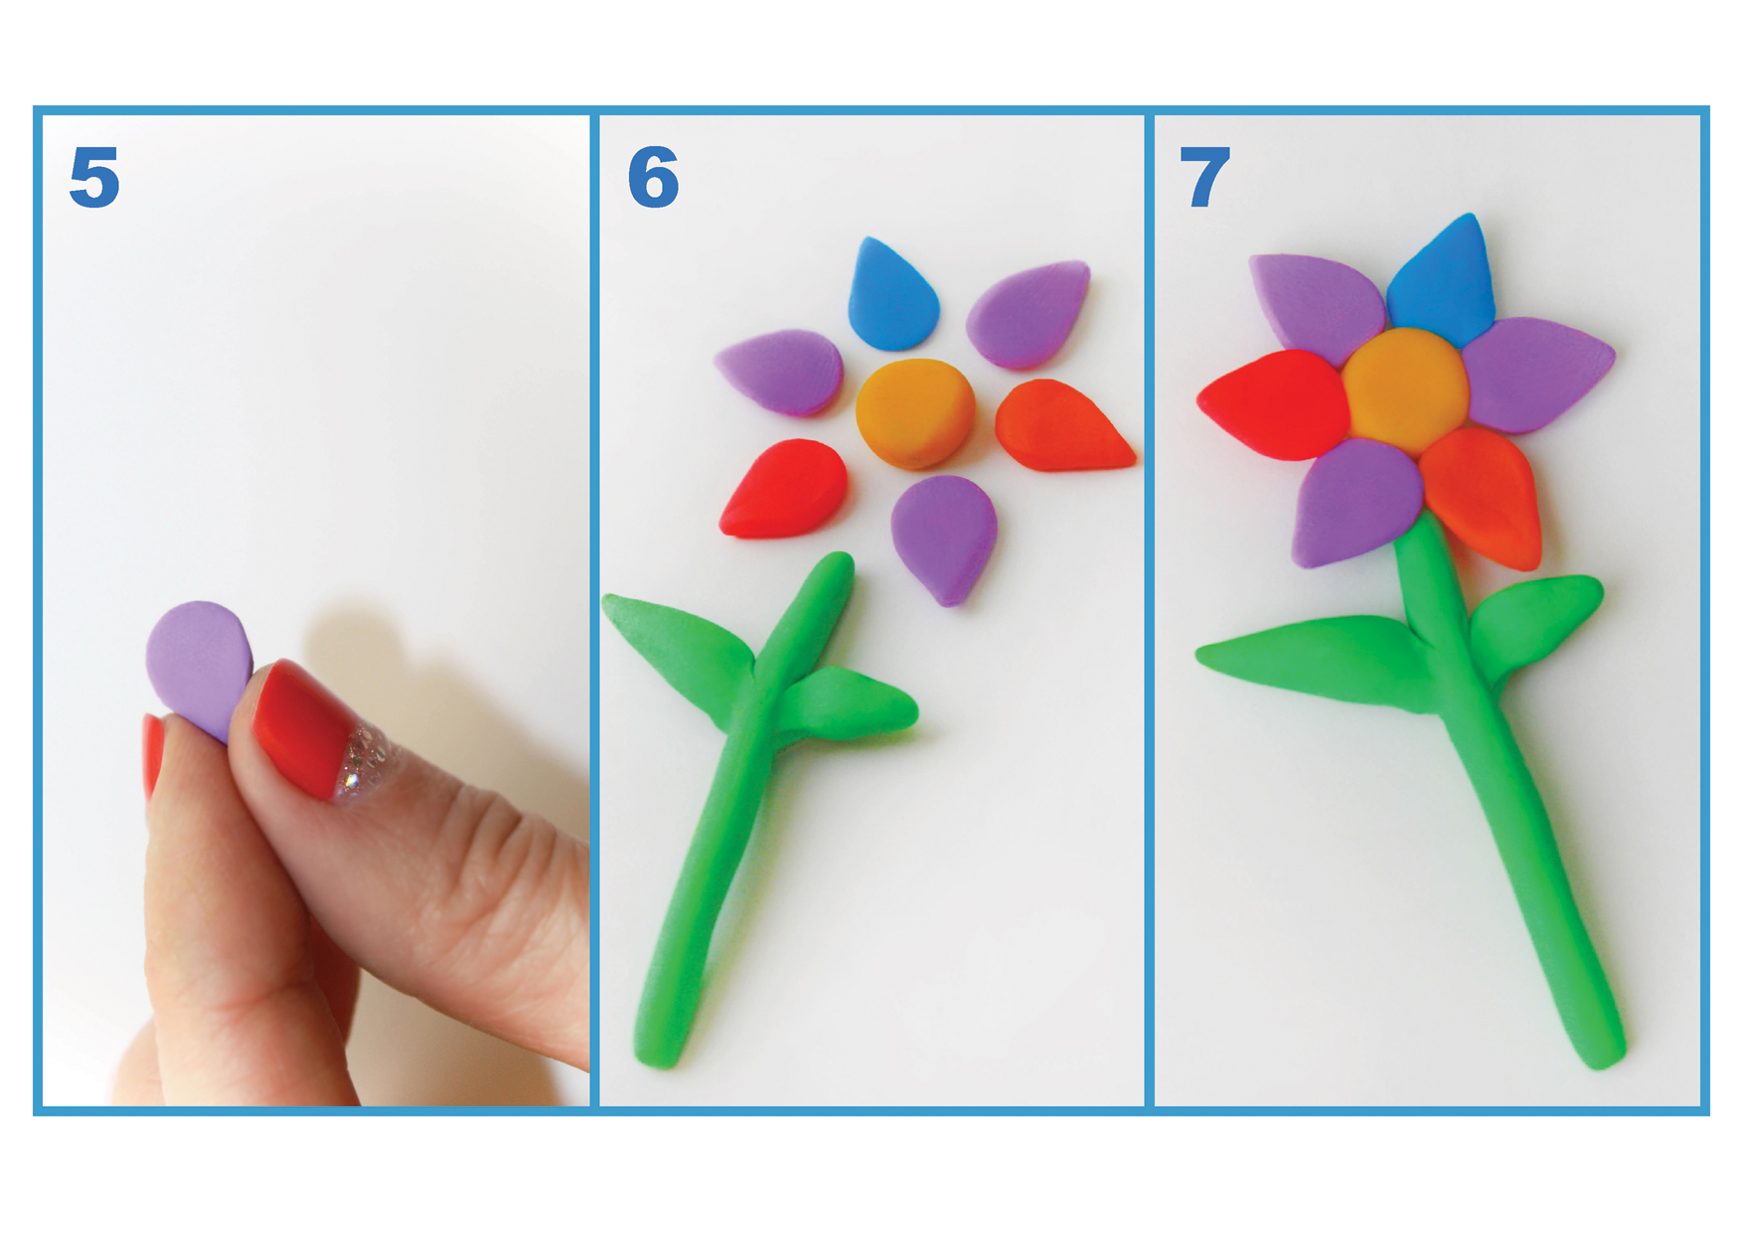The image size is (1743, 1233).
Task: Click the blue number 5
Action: [94, 178]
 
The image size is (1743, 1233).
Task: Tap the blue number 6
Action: [653, 178]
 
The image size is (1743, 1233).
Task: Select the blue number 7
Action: [1204, 178]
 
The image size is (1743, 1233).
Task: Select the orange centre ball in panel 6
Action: [915, 413]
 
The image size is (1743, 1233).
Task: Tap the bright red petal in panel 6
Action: [785, 489]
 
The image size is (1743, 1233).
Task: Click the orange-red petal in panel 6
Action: [1060, 427]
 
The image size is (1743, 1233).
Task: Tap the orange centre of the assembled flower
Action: [1405, 390]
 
